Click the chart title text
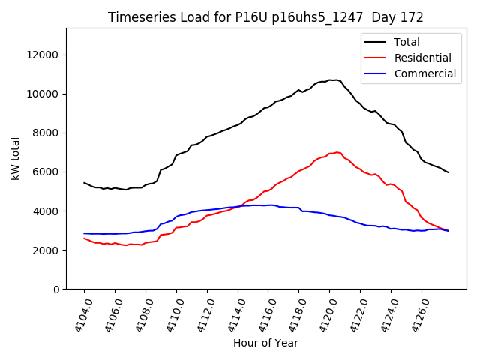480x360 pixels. [265, 17]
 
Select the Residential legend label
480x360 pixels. [422, 58]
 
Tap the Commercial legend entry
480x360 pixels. [424, 73]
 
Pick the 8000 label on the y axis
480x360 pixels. [47, 133]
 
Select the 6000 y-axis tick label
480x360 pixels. [47, 172]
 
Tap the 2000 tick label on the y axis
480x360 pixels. [47, 250]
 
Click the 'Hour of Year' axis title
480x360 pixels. [265, 343]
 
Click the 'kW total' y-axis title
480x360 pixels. [16, 159]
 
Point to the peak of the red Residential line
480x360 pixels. [337, 152]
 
